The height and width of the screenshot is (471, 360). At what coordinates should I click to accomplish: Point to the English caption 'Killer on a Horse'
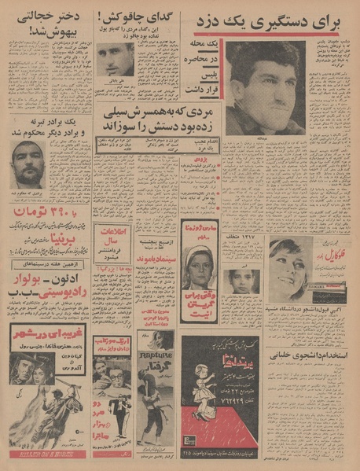[x=43, y=454]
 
